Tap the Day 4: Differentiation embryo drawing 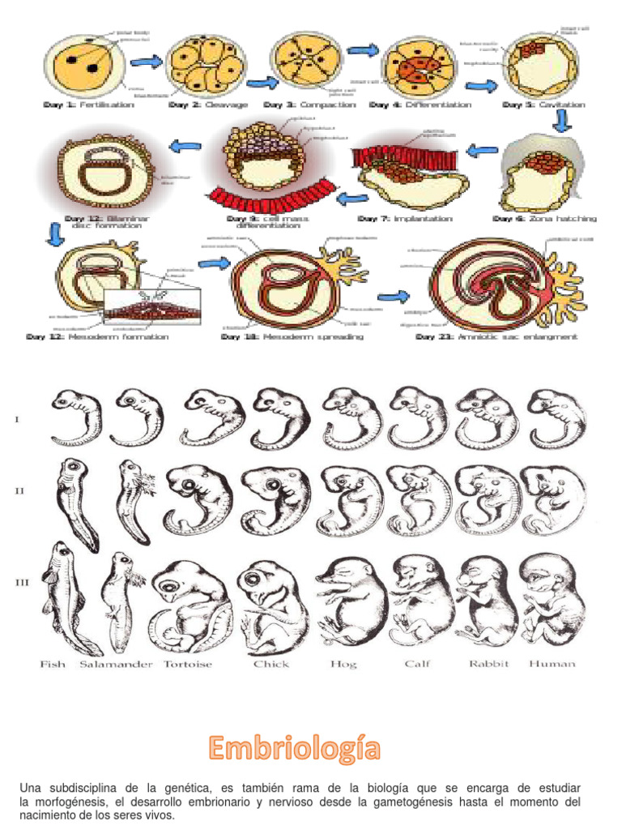(415, 63)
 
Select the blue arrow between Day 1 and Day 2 (145, 62)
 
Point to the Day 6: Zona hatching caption (544, 218)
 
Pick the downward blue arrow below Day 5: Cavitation (562, 122)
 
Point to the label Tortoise (188, 664)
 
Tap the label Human (552, 664)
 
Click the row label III (22, 582)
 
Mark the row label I (17, 419)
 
